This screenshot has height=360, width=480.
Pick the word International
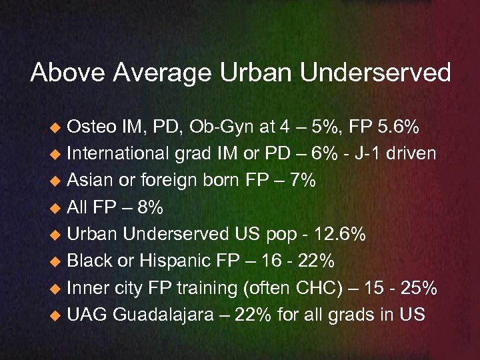[117, 154]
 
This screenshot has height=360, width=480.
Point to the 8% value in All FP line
[147, 208]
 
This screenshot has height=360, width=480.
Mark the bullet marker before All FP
[58, 209]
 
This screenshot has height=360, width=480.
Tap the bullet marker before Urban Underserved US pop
[58, 235]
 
